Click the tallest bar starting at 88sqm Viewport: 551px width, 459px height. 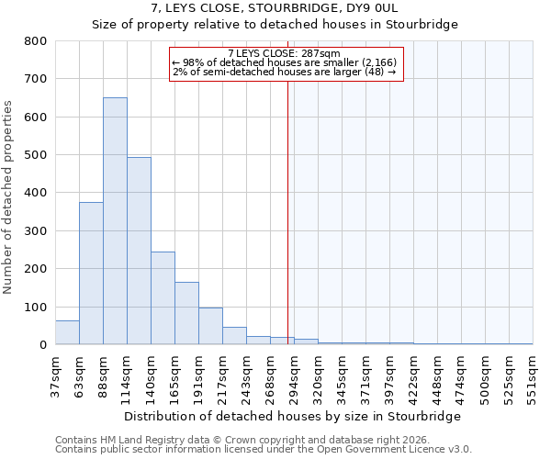click(115, 221)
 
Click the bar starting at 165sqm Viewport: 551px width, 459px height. click(186, 313)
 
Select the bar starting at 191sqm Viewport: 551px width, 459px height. click(210, 326)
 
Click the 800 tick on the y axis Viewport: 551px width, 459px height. click(36, 41)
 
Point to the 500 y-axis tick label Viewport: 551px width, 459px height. click(36, 155)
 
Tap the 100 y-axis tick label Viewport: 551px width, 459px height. click(36, 307)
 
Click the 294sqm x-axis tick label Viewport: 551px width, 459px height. click(295, 373)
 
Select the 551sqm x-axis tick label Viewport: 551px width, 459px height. click(534, 373)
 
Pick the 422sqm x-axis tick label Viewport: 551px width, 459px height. click(414, 373)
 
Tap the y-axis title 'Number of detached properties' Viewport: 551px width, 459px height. click(9, 193)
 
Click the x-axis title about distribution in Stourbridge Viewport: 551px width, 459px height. click(292, 416)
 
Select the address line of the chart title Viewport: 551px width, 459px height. click(275, 8)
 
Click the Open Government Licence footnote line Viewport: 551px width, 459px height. click(264, 450)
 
